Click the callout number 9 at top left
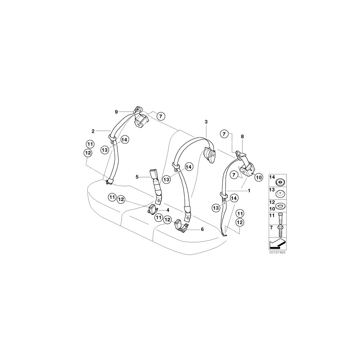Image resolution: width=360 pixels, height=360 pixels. tap(116, 111)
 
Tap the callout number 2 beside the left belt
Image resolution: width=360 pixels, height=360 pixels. tap(93, 131)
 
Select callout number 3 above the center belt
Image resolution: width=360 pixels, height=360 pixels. tap(206, 121)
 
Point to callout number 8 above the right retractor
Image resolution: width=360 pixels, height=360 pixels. tap(242, 136)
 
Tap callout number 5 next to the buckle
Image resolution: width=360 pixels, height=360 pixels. tap(137, 176)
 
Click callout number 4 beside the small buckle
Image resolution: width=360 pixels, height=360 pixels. tap(168, 210)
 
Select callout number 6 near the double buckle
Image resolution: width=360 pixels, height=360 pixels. tap(202, 229)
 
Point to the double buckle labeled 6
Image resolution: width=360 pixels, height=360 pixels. tap(183, 228)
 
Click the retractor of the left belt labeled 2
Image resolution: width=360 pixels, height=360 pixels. tap(141, 121)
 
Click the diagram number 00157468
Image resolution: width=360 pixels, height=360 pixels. tap(278, 252)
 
